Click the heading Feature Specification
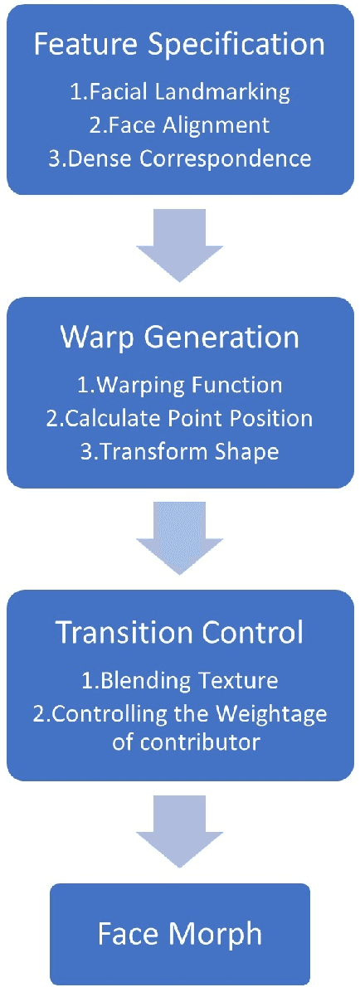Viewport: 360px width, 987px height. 179,46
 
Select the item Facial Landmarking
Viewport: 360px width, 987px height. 180,92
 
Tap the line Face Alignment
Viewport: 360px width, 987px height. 179,124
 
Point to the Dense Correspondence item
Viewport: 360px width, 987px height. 180,158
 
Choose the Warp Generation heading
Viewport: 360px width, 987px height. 179,338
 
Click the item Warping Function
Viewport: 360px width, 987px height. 180,385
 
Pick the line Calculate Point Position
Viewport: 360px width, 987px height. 180,418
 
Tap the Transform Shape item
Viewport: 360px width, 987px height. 180,450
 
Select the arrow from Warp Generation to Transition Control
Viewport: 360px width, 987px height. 179,536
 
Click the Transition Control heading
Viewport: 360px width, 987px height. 179,632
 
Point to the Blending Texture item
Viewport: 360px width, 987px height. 180,680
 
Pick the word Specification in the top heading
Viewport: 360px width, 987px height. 246,46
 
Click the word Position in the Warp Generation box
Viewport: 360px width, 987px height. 272,418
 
